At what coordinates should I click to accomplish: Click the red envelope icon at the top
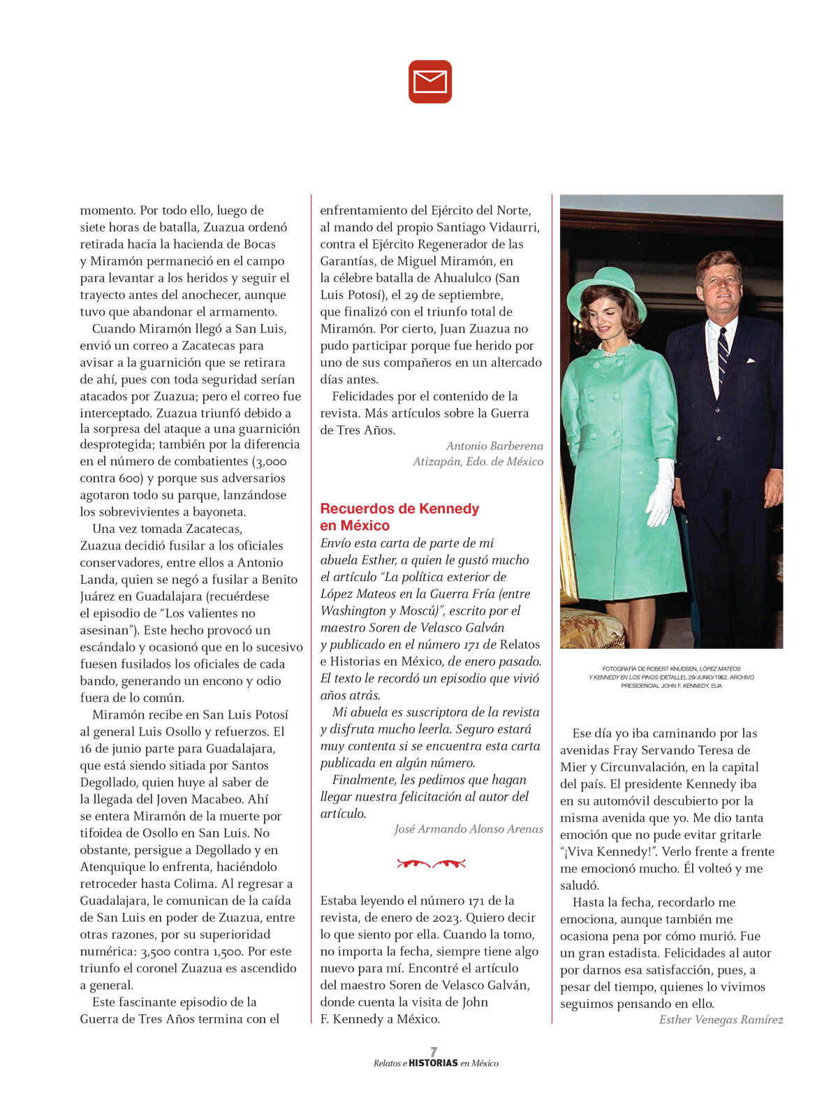coord(430,82)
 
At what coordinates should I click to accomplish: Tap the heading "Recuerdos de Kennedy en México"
coord(399,517)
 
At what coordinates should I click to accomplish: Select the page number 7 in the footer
coord(434,1052)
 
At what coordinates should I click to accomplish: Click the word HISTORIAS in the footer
coord(433,1063)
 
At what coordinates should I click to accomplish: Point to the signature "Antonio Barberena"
coord(494,446)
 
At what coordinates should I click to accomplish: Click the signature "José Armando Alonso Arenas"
coord(469,829)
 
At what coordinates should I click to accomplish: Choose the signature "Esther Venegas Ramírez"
coord(721,1020)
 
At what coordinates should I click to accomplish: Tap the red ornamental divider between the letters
coord(431,864)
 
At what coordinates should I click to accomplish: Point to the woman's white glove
coord(660,492)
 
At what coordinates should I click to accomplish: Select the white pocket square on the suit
coord(750,361)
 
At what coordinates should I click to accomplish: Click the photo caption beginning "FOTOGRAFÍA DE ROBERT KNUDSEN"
coord(671,677)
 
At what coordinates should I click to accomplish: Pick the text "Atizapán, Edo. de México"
coord(478,462)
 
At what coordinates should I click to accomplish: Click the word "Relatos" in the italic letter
coord(520,645)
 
